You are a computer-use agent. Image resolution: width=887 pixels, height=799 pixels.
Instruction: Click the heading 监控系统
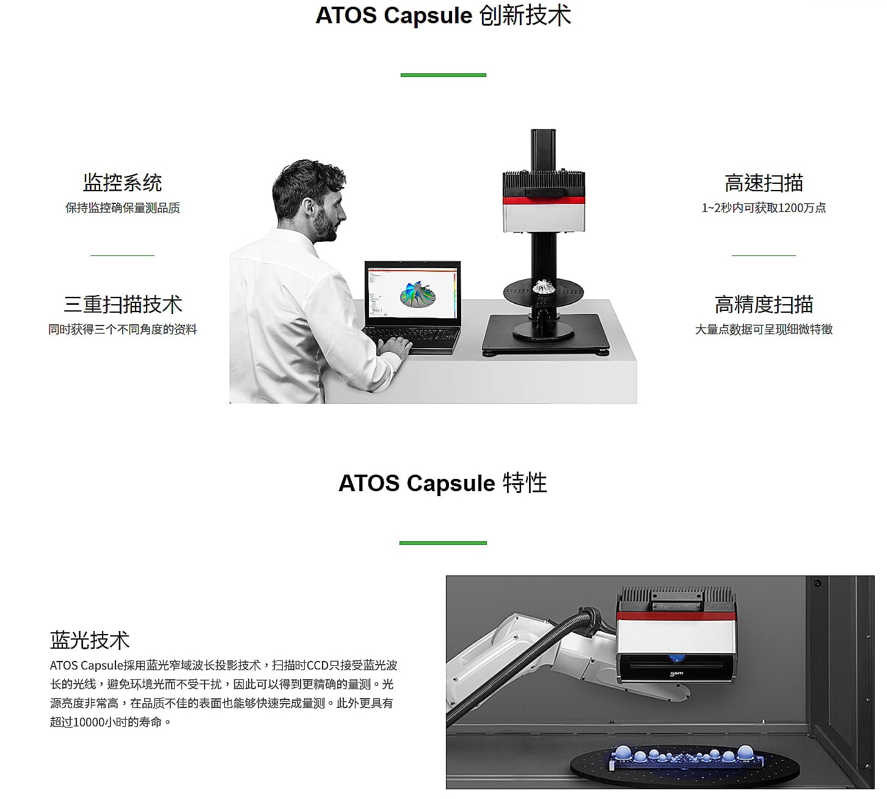point(123,183)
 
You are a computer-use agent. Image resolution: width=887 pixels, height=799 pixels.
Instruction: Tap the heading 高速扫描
point(764,183)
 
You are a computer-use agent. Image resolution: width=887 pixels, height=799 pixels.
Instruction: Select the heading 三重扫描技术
point(123,304)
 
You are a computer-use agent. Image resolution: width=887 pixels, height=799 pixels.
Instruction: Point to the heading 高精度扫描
point(764,304)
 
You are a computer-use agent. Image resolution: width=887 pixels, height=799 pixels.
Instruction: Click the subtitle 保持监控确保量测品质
point(123,208)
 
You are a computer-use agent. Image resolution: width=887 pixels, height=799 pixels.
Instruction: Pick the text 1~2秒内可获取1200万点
point(764,208)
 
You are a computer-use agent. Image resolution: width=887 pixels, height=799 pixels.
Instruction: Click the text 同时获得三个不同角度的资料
point(123,329)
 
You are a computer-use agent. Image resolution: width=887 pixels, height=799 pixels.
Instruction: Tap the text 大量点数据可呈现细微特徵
point(764,329)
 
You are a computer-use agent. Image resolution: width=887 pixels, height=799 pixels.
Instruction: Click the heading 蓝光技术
point(90,640)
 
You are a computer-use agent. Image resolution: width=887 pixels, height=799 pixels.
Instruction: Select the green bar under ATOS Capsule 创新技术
point(443,75)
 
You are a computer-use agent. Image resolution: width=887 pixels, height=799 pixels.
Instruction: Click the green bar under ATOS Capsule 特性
point(443,543)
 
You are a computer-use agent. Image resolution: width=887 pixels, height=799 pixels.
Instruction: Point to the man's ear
point(309,208)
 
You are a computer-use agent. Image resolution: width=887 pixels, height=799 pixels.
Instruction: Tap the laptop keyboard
point(411,335)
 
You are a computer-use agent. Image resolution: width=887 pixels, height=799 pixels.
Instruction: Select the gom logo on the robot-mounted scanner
point(676,673)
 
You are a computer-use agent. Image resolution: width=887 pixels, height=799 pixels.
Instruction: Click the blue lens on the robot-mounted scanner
point(676,657)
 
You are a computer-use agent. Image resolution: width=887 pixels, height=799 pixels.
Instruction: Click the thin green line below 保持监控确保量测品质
point(123,255)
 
